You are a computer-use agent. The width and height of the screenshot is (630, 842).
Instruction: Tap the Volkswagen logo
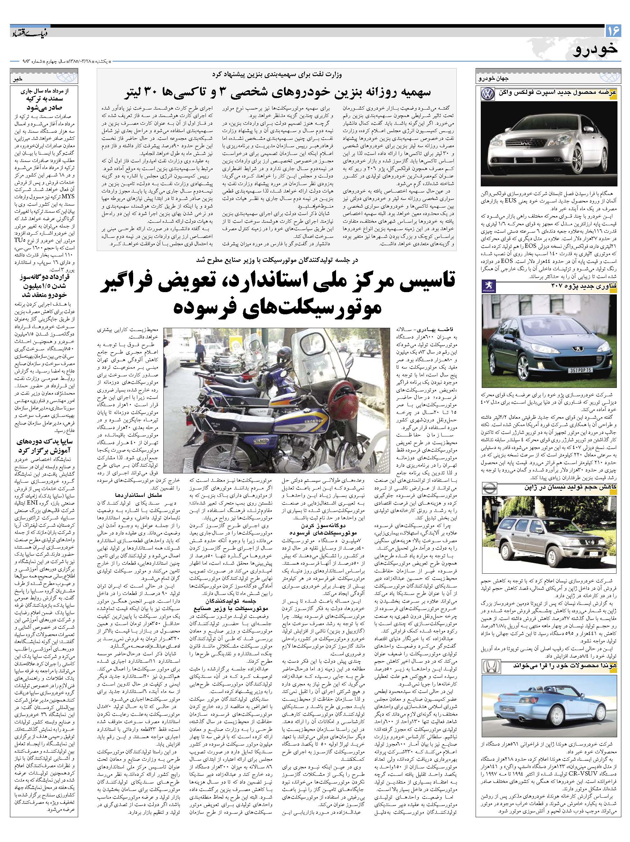pos(487,94)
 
